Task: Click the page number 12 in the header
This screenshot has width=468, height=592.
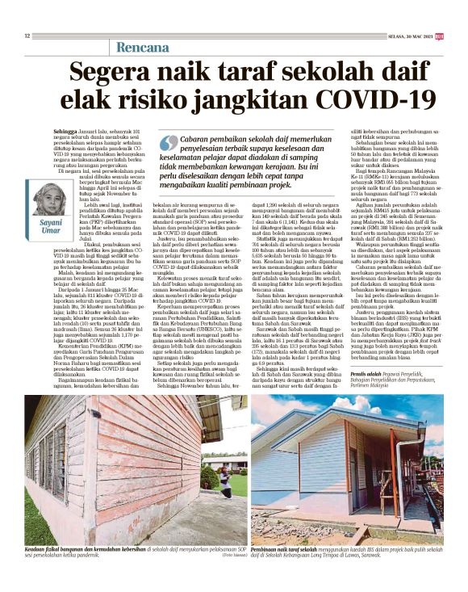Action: [x=27, y=36]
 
